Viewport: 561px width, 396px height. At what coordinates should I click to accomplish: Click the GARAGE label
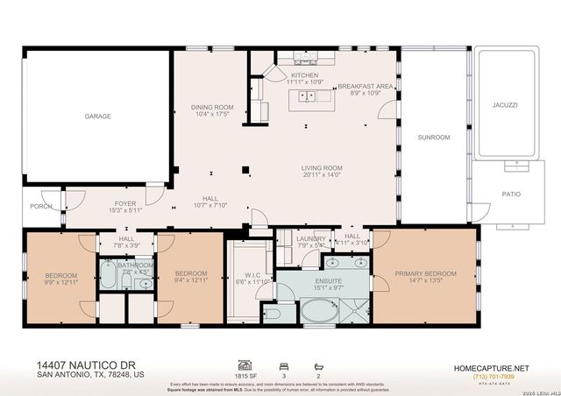[x=97, y=116]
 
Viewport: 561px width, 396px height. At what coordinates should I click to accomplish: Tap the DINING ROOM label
[x=211, y=108]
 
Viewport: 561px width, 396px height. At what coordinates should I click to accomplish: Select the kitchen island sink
[x=309, y=95]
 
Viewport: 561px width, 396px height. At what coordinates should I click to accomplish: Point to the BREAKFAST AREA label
[x=365, y=86]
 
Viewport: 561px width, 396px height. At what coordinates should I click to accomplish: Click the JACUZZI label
[x=505, y=104]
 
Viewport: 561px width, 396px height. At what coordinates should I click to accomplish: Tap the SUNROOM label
[x=433, y=138]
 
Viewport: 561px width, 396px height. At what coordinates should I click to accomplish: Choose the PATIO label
[x=511, y=194]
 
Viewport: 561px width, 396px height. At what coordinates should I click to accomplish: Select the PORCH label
[x=40, y=207]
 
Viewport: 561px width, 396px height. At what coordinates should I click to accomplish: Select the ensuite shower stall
[x=355, y=310]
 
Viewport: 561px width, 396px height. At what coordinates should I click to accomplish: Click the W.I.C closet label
[x=248, y=275]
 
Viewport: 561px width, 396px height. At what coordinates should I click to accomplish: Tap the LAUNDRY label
[x=311, y=238]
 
